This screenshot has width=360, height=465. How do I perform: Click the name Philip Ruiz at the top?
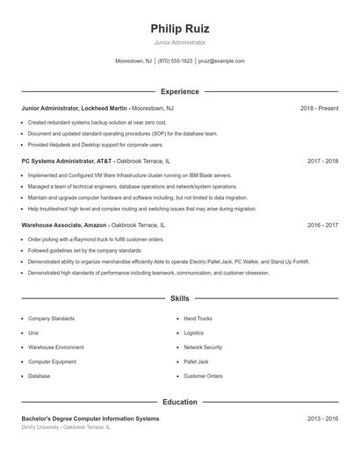[180, 28]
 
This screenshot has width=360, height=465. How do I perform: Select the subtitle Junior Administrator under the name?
[180, 42]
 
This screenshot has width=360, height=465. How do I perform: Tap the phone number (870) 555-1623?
[175, 61]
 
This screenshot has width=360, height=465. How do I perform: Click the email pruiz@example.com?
[221, 61]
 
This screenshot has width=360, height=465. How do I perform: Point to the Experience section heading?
[180, 91]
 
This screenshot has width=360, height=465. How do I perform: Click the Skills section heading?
[180, 299]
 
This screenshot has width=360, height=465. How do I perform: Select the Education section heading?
[180, 402]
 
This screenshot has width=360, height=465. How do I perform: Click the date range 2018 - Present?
[319, 108]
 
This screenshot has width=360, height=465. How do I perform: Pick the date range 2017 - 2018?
[323, 162]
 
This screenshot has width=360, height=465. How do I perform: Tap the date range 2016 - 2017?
[323, 225]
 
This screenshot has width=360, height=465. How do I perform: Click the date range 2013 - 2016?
[323, 419]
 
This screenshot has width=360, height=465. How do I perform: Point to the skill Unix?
[33, 333]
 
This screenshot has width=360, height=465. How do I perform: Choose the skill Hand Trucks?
[198, 318]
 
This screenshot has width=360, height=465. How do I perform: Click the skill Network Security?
[203, 347]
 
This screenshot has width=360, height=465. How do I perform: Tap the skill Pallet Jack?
[196, 361]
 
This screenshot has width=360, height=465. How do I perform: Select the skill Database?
[39, 376]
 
